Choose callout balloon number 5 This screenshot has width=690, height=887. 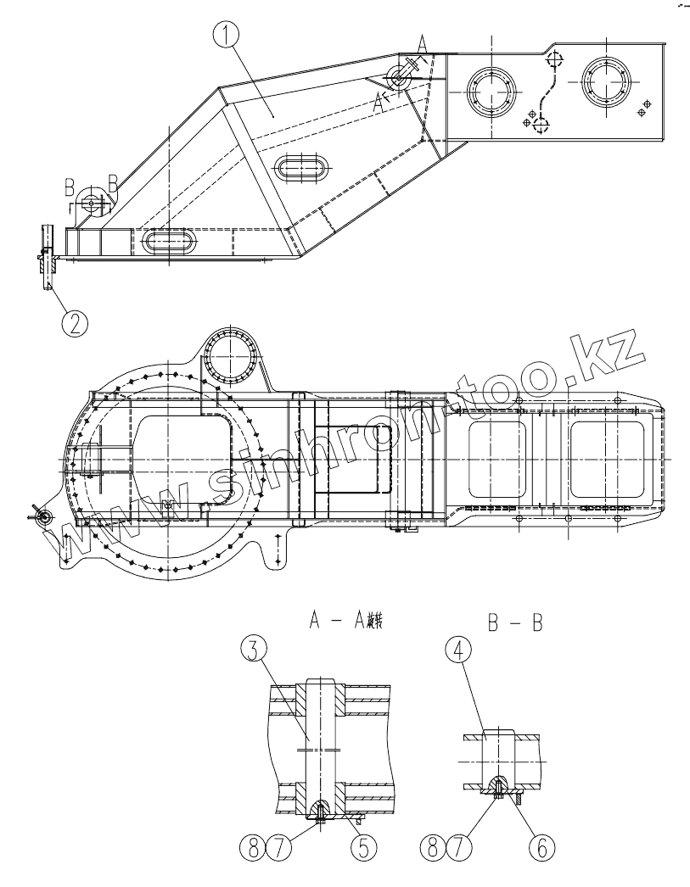(363, 849)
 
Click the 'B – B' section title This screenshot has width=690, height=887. (515, 625)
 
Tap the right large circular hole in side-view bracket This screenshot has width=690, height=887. (604, 85)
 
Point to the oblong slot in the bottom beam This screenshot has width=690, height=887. (172, 241)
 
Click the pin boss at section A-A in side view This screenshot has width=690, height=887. (399, 77)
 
